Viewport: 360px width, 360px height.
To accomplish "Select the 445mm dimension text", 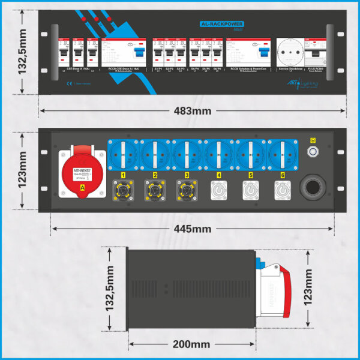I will click(x=193, y=229).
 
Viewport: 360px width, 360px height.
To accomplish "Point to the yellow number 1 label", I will click(x=123, y=176).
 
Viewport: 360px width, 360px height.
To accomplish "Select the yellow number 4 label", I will click(x=218, y=176).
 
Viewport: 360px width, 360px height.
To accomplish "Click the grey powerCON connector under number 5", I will click(x=250, y=191).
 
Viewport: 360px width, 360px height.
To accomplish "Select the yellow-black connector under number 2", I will click(x=155, y=191).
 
